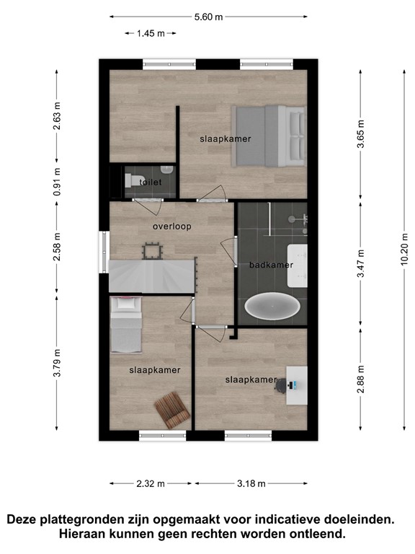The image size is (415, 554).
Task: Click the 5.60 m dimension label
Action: tap(208, 17)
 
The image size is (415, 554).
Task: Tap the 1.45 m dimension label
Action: tap(151, 33)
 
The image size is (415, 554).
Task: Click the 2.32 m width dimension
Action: tap(151, 483)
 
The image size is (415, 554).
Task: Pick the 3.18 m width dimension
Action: tap(251, 483)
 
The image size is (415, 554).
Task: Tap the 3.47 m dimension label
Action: tap(360, 263)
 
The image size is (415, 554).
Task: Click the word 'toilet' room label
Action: tap(150, 183)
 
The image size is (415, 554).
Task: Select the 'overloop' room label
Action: tap(171, 227)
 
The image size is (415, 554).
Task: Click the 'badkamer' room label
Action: tap(271, 265)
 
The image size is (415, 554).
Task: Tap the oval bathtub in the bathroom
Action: tap(272, 306)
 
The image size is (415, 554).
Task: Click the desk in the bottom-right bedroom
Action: tap(296, 384)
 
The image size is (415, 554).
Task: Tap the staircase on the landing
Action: tap(152, 276)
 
